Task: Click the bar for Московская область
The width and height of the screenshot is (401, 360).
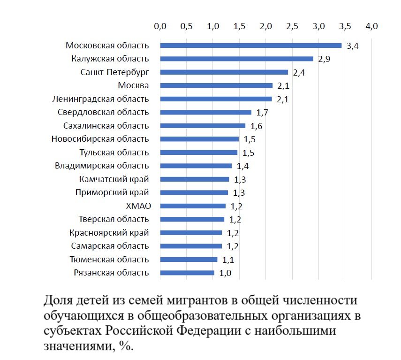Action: [251, 46]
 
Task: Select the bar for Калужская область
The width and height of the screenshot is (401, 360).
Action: [237, 59]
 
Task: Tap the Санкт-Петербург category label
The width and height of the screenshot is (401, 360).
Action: [114, 72]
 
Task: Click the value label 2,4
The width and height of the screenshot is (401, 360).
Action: [299, 73]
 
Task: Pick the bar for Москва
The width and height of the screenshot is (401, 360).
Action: [216, 85]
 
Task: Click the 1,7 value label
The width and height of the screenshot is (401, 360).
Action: [262, 113]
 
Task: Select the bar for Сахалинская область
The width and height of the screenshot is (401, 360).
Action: [203, 126]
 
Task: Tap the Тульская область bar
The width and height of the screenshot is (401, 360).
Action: [199, 153]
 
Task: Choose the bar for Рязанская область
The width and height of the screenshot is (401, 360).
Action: [187, 273]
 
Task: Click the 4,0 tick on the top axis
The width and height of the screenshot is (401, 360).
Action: [371, 26]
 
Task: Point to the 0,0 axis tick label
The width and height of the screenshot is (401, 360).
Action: [160, 26]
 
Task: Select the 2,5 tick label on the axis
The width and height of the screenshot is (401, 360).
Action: [292, 26]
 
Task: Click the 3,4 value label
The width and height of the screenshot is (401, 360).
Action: [352, 46]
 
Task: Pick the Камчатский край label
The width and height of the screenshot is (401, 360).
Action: [114, 179]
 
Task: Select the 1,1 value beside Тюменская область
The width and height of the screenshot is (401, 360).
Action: [228, 260]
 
